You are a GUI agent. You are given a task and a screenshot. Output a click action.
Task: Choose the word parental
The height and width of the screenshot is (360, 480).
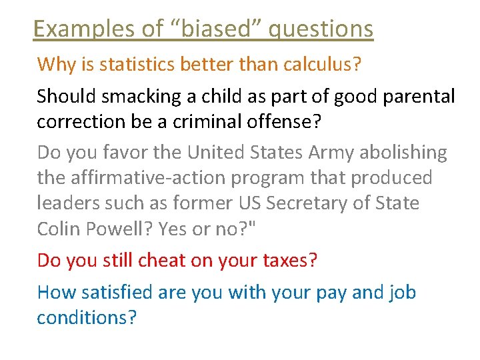coord(419,97)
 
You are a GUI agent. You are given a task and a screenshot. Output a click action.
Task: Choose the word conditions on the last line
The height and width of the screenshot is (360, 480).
coord(86,317)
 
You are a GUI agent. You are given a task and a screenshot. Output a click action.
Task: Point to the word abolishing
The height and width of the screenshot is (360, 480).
coord(403,153)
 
